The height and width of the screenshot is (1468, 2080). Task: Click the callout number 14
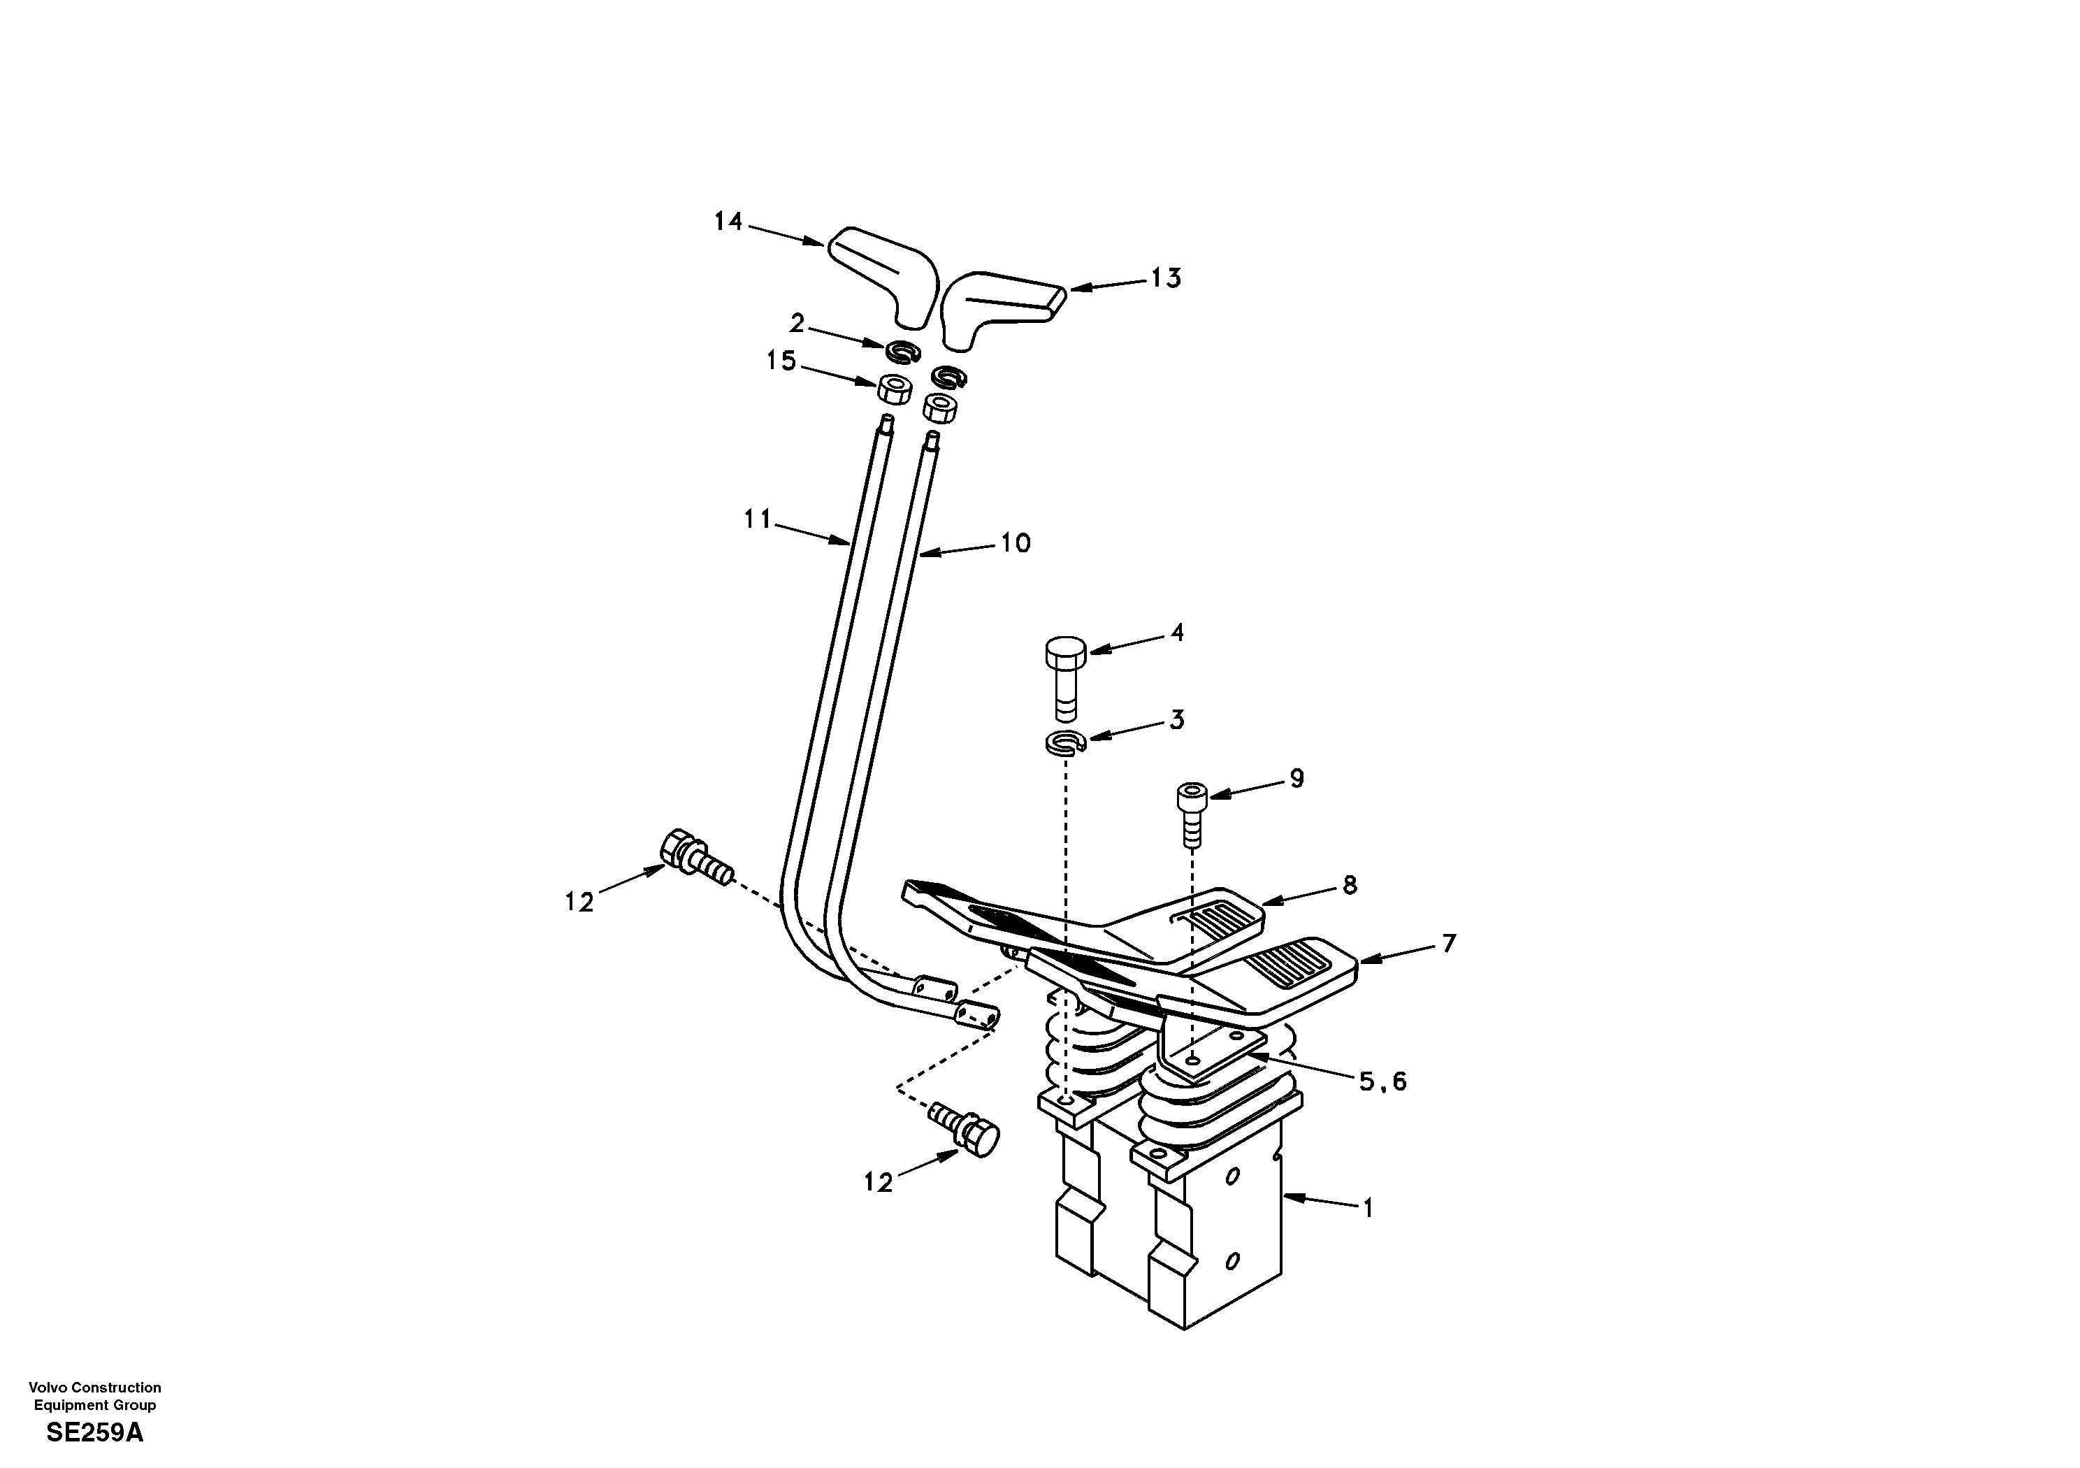pyautogui.click(x=728, y=221)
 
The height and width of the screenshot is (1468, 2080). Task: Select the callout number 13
pyautogui.click(x=1166, y=278)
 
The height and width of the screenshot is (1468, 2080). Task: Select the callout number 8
pyautogui.click(x=1349, y=885)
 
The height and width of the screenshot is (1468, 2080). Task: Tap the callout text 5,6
pyautogui.click(x=1382, y=1081)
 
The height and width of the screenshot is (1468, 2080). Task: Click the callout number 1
pyautogui.click(x=1368, y=1208)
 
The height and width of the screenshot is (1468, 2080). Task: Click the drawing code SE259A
pyautogui.click(x=94, y=1432)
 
